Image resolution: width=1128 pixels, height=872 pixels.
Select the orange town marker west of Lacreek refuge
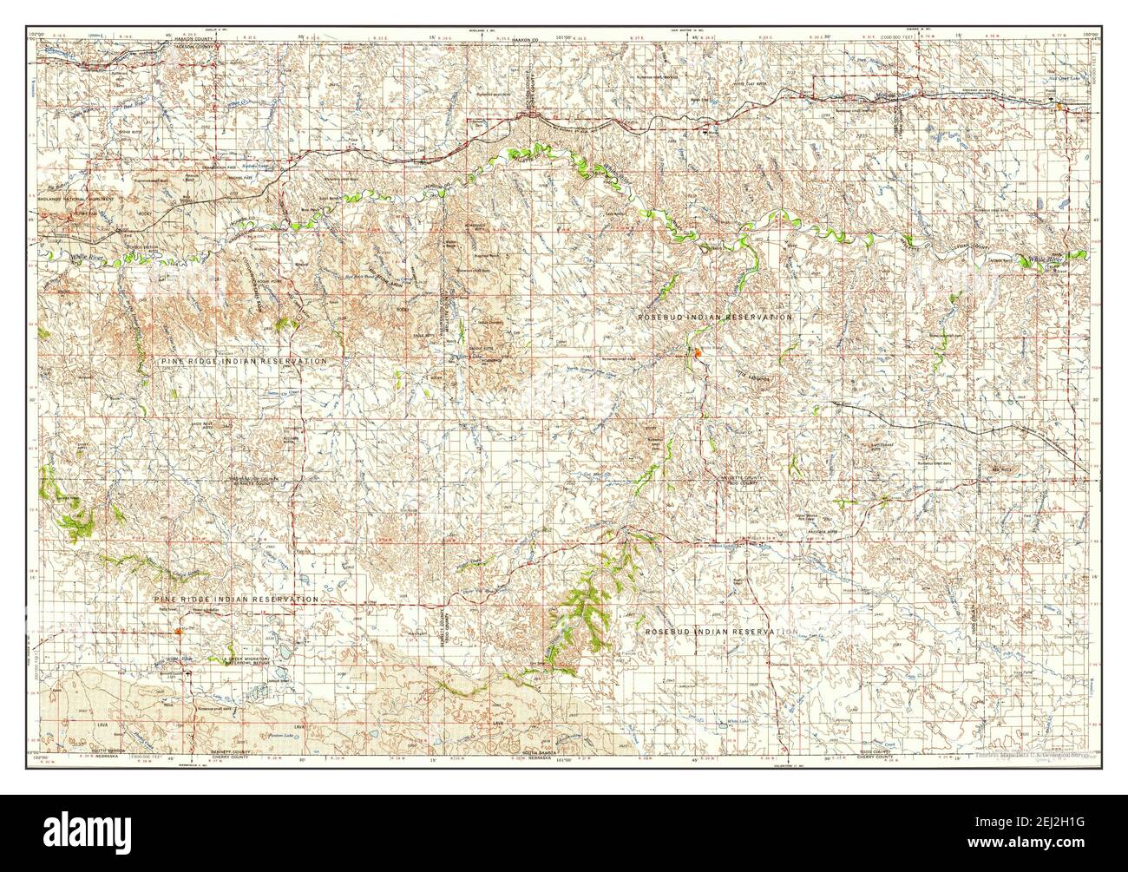coord(177,631)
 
